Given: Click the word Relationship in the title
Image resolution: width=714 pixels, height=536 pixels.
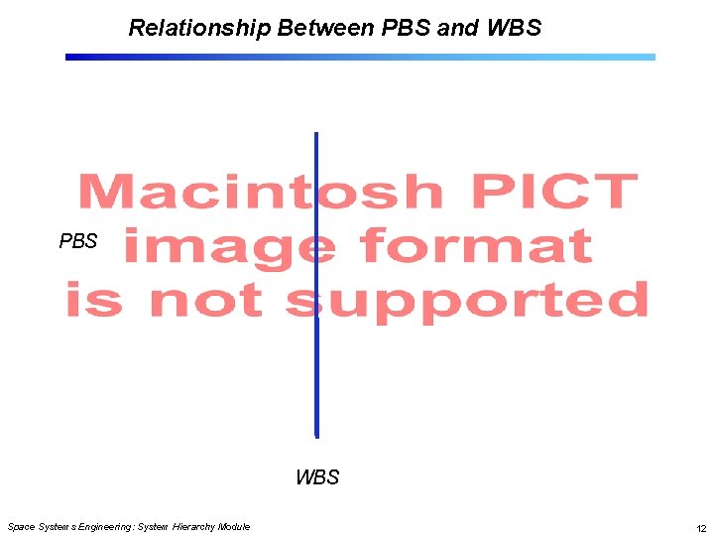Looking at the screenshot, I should point(199,28).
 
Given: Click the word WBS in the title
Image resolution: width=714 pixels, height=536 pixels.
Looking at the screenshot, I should point(514,28).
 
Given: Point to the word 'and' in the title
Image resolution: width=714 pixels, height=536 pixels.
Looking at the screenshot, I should point(457,28).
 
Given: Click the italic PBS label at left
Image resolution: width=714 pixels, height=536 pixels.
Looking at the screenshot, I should point(78,241).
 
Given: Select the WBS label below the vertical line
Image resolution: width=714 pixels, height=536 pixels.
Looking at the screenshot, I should point(317,477).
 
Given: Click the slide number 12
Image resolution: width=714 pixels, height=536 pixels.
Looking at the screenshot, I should point(700,527).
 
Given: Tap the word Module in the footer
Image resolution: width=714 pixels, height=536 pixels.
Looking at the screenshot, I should point(235,527).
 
